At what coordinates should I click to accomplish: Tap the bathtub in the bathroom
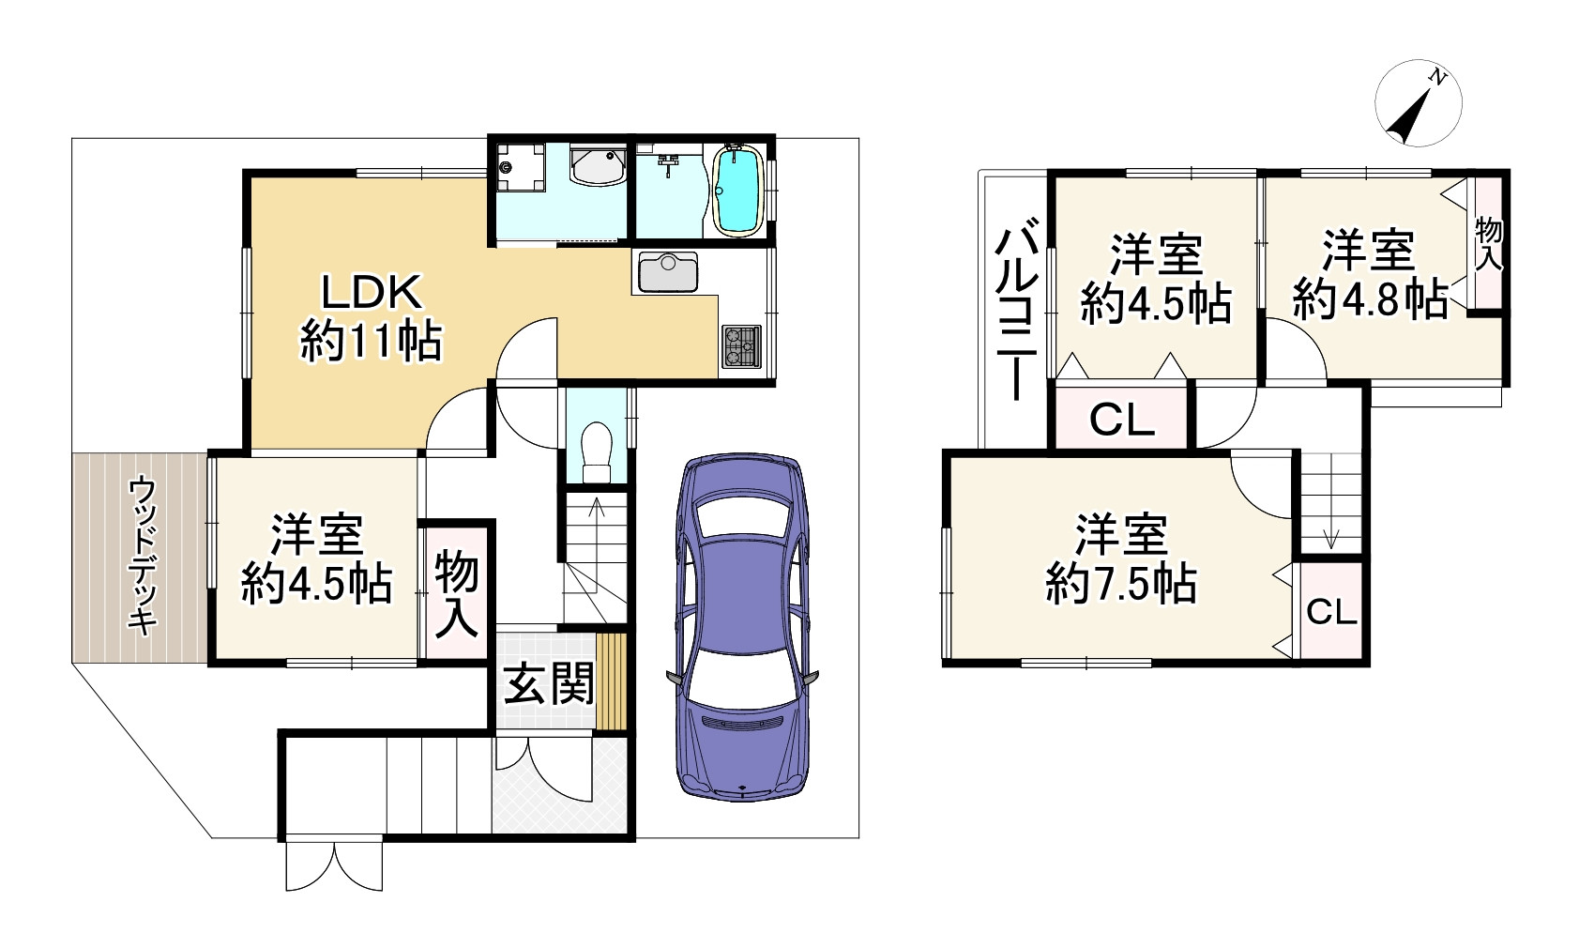[737, 190]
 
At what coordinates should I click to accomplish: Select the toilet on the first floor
[597, 451]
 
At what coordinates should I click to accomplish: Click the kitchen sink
[668, 271]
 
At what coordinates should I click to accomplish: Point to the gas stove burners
[741, 346]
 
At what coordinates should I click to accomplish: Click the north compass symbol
[1418, 103]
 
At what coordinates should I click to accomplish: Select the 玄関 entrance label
[549, 683]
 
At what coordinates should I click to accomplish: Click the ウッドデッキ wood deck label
[143, 557]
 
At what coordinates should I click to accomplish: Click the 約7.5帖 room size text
[1121, 584]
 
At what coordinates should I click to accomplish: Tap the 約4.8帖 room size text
[1370, 299]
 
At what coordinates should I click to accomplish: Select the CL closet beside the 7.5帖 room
[1331, 612]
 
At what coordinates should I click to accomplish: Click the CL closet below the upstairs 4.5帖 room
[1122, 421]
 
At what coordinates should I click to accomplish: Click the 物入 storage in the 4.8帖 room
[1489, 243]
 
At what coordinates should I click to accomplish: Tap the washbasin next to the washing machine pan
[597, 166]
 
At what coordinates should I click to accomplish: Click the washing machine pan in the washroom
[520, 167]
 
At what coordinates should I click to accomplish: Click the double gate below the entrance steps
[334, 865]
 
